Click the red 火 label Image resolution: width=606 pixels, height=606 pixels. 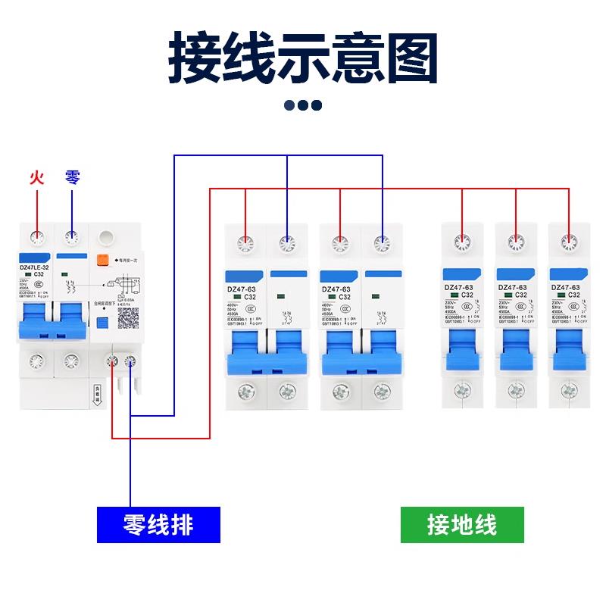[36, 179]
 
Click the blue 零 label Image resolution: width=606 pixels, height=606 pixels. [72, 178]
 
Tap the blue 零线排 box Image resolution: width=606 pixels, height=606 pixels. [158, 524]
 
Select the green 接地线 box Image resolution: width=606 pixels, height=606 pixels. [462, 524]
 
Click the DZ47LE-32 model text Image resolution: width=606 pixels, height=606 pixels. [34, 267]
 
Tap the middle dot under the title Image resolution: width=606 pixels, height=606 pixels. [303, 105]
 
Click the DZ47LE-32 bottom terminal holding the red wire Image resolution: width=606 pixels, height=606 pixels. [113, 362]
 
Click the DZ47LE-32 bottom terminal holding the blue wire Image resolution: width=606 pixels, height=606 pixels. [130, 362]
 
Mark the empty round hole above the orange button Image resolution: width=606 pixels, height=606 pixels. [106, 237]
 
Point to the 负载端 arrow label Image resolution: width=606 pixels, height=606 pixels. [98, 396]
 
